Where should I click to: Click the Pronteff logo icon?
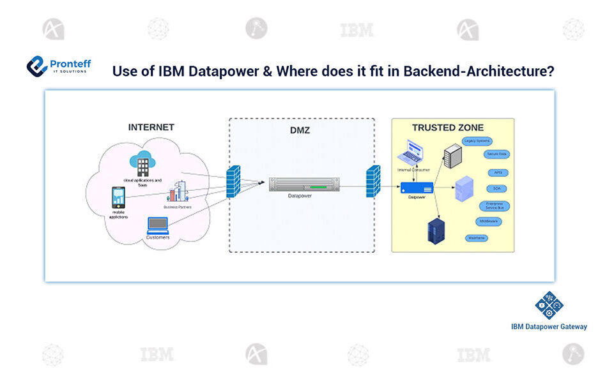[x=38, y=66]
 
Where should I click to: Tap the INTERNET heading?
[x=151, y=127]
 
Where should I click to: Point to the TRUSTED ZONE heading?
[x=448, y=128]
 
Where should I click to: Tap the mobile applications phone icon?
[x=118, y=197]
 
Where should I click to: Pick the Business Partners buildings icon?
[x=178, y=191]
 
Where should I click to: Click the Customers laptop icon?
[x=157, y=225]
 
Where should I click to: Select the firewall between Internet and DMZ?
[x=234, y=183]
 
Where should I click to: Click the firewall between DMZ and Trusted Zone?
[x=373, y=183]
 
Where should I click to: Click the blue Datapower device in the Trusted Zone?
[x=417, y=187]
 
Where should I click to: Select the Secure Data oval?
[x=496, y=154]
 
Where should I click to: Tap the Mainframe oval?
[x=475, y=237]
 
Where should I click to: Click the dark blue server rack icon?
[x=437, y=230]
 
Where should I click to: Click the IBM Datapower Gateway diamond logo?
[x=549, y=305]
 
